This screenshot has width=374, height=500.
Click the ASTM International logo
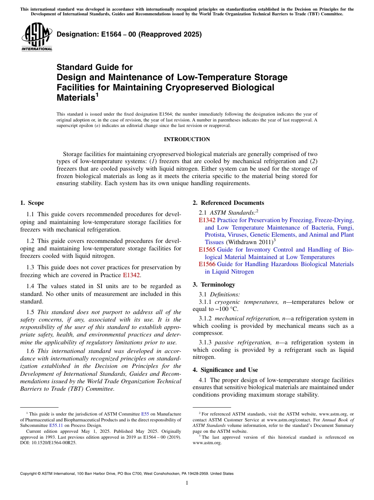point(37,37)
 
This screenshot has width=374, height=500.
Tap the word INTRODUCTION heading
point(187,139)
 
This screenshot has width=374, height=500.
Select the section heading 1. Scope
point(32,203)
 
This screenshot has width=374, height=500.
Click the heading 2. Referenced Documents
point(228,203)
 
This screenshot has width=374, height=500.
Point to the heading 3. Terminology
point(214,284)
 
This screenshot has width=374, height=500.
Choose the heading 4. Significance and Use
point(225,369)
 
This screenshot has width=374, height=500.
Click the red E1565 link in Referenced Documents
point(207,250)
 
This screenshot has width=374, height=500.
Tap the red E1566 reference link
point(207,264)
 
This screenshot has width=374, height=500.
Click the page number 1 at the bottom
point(187,483)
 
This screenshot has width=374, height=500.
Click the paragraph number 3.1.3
point(206,342)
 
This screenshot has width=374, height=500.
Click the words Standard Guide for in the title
point(95,67)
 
